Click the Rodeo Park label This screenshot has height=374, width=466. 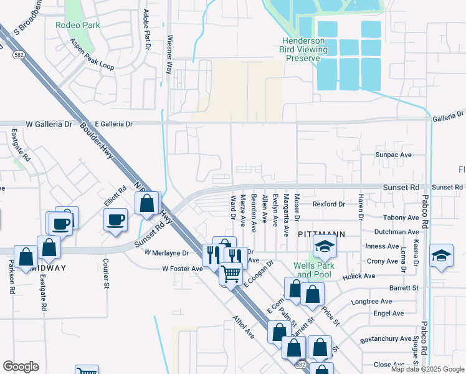pyautogui.click(x=78, y=26)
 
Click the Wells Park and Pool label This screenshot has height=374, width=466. pyautogui.click(x=314, y=270)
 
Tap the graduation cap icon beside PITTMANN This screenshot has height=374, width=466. pyautogui.click(x=325, y=247)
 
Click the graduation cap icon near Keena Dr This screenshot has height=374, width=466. pyautogui.click(x=441, y=256)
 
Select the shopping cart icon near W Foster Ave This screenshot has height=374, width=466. pyautogui.click(x=231, y=272)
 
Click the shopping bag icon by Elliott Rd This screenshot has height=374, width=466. pyautogui.click(x=147, y=203)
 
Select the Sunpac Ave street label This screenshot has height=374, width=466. pyautogui.click(x=393, y=155)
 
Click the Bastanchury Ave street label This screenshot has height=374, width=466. pyautogui.click(x=386, y=341)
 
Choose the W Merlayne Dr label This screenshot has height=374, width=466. pyautogui.click(x=166, y=253)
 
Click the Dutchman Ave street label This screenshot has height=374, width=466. pyautogui.click(x=399, y=232)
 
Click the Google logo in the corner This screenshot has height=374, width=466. pyautogui.click(x=21, y=367)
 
